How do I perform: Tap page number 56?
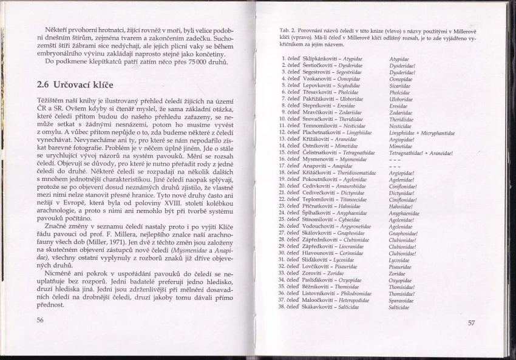[40, 320]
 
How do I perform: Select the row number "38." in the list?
[282, 307]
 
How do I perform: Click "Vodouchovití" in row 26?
[321, 226]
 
